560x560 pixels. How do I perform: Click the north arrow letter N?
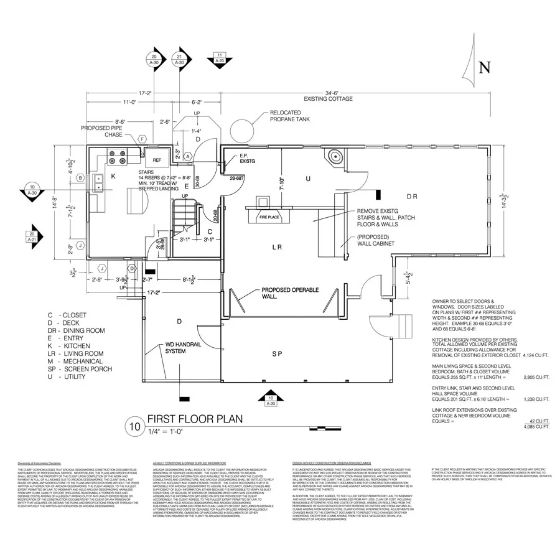(x=485, y=67)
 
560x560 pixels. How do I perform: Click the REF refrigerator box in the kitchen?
(x=157, y=159)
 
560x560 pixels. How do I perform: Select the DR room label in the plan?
(x=412, y=197)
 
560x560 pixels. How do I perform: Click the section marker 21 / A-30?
(x=179, y=60)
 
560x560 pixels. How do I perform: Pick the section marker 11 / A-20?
(x=220, y=58)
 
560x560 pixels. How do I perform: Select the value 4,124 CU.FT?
(x=536, y=355)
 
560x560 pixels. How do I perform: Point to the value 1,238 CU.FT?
(x=536, y=399)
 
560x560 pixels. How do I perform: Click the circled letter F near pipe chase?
(x=142, y=139)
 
